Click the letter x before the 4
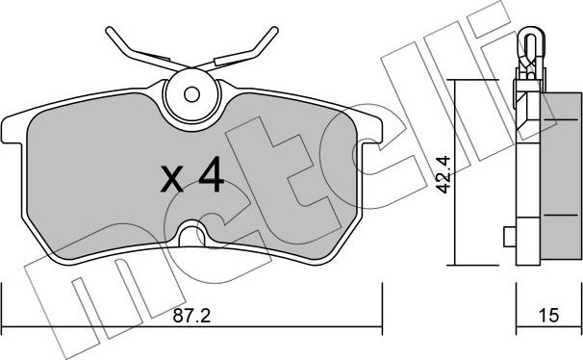click(x=171, y=179)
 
